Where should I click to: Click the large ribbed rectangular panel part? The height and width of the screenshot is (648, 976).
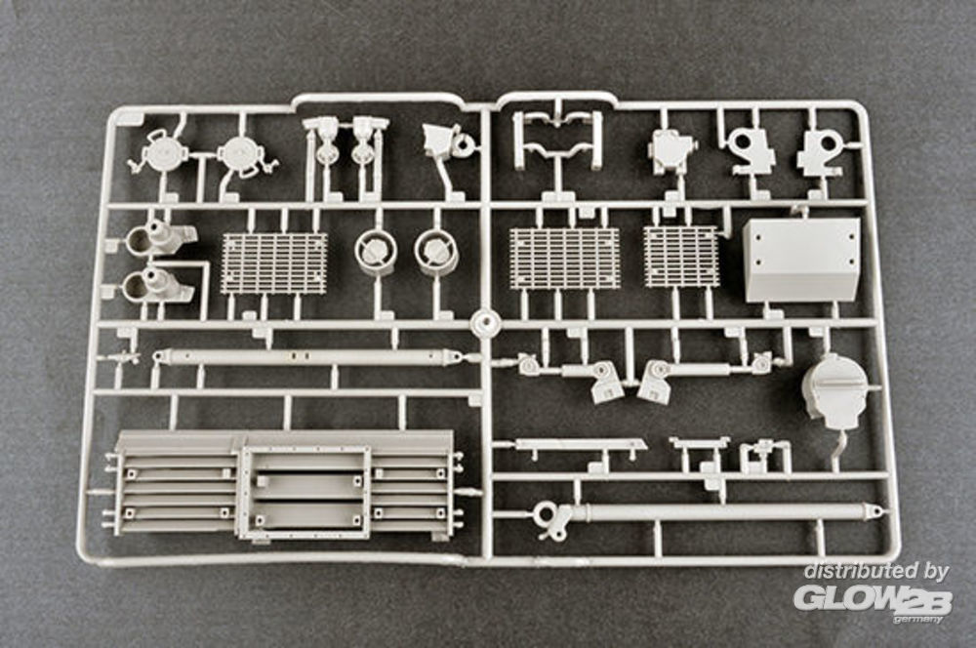tap(283, 484)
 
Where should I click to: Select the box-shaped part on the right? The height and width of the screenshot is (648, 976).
tap(801, 259)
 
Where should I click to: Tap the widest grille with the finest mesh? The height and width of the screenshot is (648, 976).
tap(564, 259)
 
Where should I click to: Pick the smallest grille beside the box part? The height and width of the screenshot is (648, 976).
tap(681, 257)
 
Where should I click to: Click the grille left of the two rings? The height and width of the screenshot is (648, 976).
tap(274, 263)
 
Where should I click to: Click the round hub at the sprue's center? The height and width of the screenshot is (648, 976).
tap(483, 323)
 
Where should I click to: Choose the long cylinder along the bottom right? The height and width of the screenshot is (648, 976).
tap(722, 512)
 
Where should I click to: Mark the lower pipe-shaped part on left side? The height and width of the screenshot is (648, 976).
tap(156, 284)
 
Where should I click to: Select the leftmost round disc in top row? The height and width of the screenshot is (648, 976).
tap(159, 153)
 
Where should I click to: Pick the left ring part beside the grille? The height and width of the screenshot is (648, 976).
tap(375, 251)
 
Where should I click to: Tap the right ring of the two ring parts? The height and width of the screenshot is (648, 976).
tap(435, 251)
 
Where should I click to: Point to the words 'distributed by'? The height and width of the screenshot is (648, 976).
tap(875, 572)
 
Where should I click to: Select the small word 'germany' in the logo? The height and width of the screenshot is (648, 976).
tap(922, 618)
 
